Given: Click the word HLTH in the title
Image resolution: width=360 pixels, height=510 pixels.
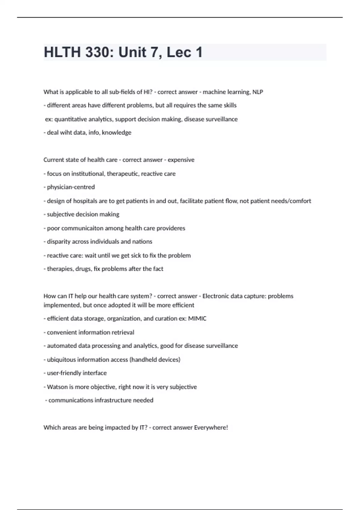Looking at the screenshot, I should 62,52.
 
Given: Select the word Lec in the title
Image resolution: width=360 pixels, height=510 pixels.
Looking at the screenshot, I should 179,52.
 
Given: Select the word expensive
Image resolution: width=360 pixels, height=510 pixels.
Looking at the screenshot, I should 181,160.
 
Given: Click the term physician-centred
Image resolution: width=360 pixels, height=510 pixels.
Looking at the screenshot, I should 71,187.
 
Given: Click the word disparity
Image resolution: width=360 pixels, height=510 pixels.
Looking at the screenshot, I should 58,242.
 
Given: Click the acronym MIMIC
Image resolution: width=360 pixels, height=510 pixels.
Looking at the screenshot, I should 197,319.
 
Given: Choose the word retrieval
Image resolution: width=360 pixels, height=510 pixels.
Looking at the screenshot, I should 123,332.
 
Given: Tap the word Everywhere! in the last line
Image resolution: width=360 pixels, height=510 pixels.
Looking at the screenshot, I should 211,428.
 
